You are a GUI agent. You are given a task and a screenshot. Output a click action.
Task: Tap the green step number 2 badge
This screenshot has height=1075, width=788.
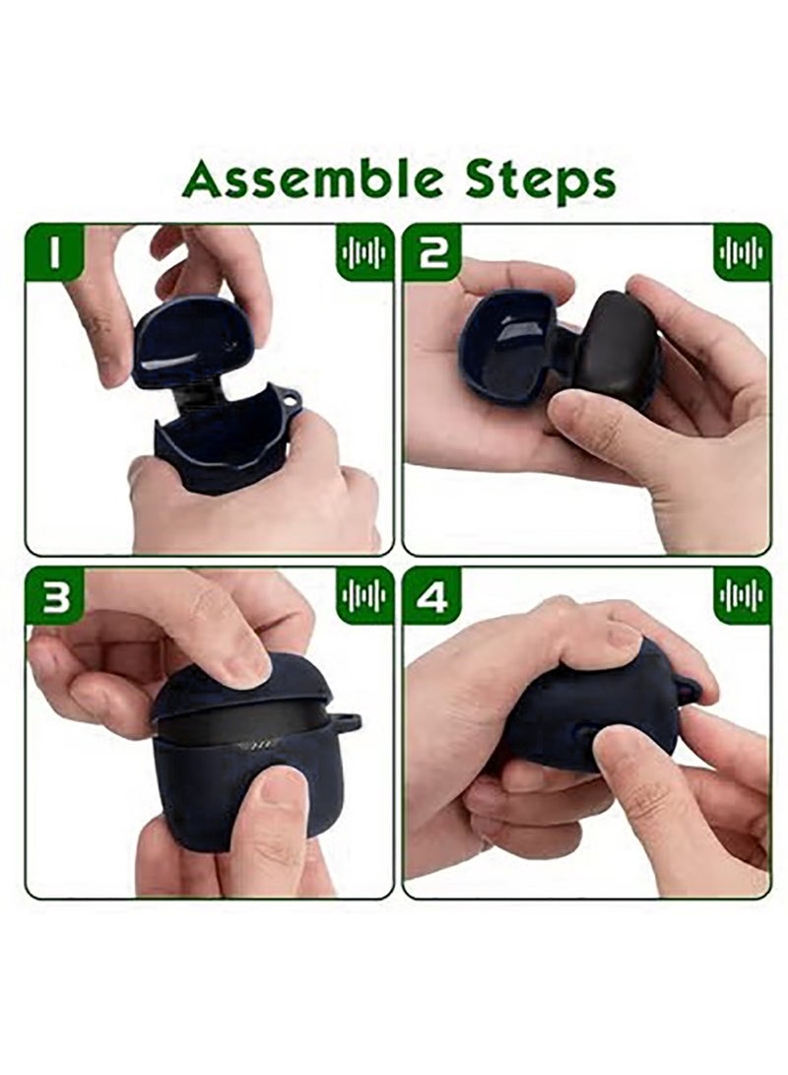pos(431,252)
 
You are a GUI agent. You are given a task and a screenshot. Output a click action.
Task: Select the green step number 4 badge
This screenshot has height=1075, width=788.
pos(431,596)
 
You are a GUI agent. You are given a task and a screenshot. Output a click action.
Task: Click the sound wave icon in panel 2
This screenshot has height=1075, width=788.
pos(742,252)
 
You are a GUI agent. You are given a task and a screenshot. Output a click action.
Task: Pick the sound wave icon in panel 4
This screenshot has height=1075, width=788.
pos(742,595)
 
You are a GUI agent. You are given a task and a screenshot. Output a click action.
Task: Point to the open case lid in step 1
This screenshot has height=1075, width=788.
pos(193,341)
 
